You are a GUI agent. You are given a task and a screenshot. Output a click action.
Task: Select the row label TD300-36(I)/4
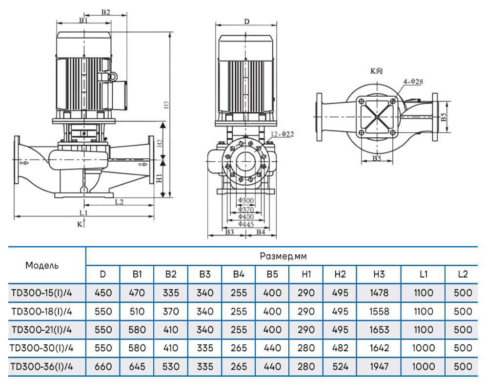(x=41, y=366)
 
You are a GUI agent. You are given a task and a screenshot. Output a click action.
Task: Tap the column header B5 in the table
(x=272, y=274)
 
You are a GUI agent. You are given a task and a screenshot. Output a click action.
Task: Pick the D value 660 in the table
(x=102, y=366)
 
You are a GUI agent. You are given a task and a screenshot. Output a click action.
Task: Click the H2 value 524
(x=340, y=366)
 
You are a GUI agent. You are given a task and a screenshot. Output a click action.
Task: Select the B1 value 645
(x=137, y=366)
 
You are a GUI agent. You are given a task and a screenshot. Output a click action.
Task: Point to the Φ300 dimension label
(x=246, y=201)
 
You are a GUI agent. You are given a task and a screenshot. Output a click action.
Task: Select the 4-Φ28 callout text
(x=412, y=82)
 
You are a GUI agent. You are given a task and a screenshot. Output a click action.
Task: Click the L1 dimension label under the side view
(x=83, y=213)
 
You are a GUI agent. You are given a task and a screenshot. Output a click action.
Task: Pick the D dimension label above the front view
(x=247, y=21)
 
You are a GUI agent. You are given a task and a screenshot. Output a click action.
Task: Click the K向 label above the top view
(x=376, y=71)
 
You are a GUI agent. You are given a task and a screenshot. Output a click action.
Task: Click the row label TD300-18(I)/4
(x=41, y=311)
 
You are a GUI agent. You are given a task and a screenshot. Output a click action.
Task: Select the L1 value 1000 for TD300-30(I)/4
(x=423, y=348)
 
